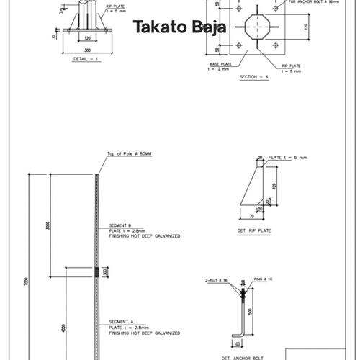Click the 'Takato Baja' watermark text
(x=179, y=28)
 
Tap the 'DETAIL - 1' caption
(x=86, y=60)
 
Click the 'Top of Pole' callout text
(x=130, y=154)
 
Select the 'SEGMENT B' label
(x=120, y=225)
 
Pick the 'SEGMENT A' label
(x=120, y=321)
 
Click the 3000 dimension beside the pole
(x=47, y=225)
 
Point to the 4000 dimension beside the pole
(x=63, y=328)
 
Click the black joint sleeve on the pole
(x=97, y=272)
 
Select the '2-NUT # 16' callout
(x=217, y=280)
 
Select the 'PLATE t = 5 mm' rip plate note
(x=287, y=157)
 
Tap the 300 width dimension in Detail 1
(x=86, y=50)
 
